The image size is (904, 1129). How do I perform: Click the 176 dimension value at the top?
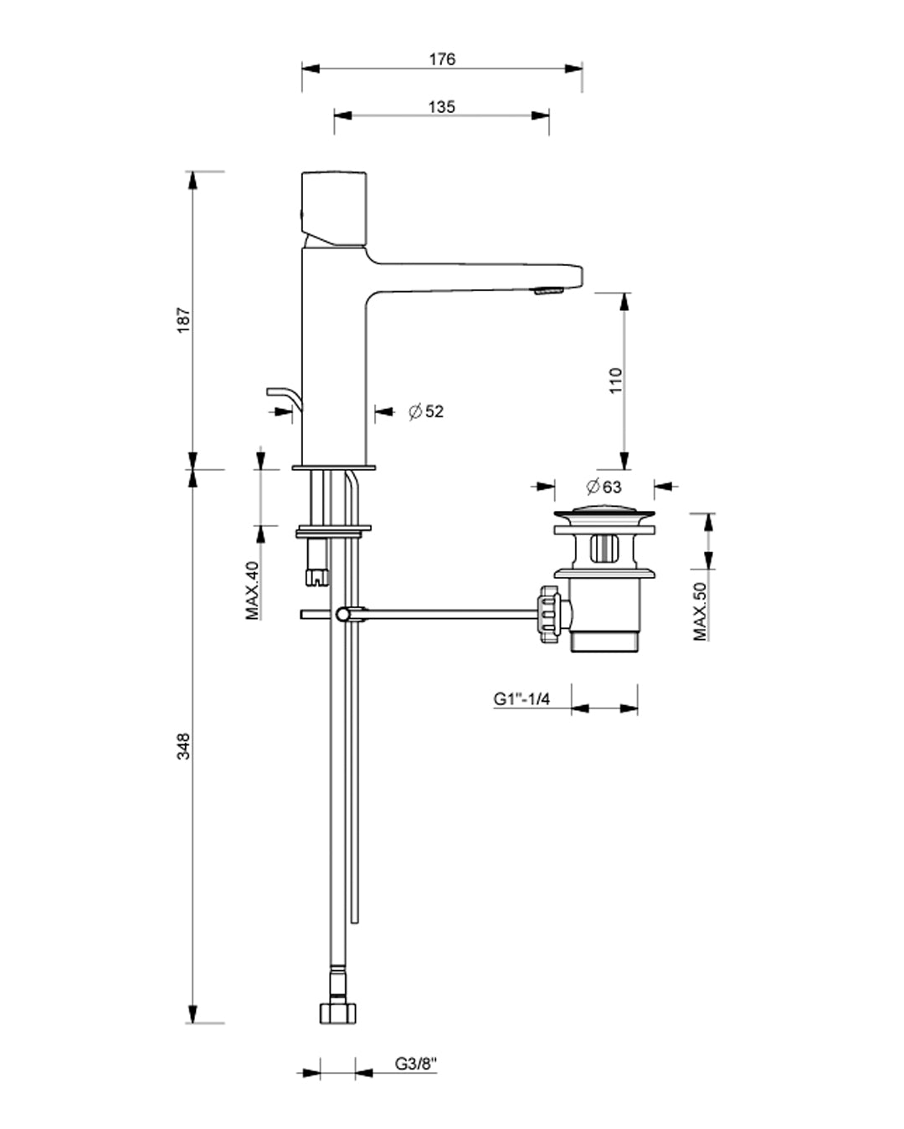coord(442,59)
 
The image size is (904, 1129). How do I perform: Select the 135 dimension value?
coord(442,107)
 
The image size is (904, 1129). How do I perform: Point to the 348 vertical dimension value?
coord(184,745)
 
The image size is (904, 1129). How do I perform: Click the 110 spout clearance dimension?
coord(616,381)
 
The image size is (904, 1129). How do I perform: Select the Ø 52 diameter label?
coord(426,411)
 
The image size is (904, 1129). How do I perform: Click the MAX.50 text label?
coord(701,610)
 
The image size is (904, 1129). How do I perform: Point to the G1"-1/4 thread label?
coord(521,699)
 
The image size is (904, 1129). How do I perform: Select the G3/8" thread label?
coord(417,1065)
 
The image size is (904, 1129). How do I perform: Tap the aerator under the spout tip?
coord(547,291)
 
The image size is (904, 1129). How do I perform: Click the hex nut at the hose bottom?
coord(337,1013)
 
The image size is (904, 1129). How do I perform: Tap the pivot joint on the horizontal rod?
coord(343,615)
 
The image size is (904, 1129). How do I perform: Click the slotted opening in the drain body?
coord(604,550)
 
